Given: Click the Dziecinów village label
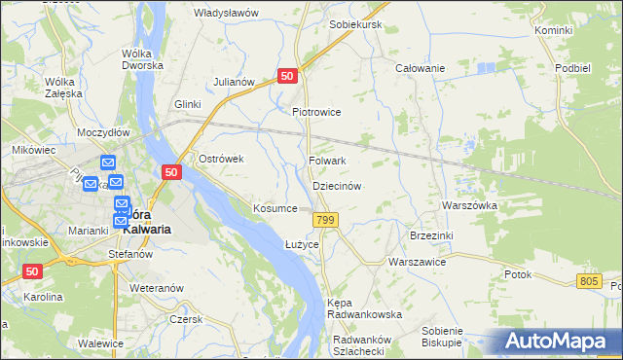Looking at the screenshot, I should [337, 186].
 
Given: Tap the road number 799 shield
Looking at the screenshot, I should [326, 222].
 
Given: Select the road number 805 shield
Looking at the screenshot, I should [588, 280].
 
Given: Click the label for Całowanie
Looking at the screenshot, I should [420, 68].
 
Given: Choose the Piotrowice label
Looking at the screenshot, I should [316, 112].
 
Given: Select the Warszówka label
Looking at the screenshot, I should [469, 206].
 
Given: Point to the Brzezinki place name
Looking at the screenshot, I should [432, 235].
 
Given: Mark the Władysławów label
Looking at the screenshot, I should [226, 13].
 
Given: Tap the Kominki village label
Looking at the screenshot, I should [553, 31].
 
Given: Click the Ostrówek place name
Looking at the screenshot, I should [220, 159].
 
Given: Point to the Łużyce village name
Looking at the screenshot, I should [302, 243].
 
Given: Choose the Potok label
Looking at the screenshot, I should [518, 274].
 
